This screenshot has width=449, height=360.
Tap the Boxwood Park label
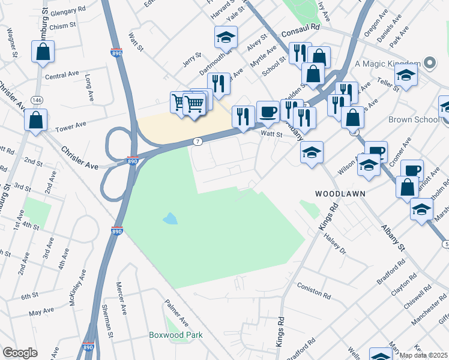(176, 335)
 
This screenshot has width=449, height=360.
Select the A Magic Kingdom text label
(387, 64)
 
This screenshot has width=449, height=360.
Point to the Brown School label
(413, 119)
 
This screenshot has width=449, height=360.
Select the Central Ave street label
(62, 75)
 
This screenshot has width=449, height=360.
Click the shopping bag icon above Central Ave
(43, 53)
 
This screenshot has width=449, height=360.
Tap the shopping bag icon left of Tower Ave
(36, 121)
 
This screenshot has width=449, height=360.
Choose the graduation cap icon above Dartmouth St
(226, 37)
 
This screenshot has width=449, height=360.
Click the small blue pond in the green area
(170, 218)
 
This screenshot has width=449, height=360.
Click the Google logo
(20, 353)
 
